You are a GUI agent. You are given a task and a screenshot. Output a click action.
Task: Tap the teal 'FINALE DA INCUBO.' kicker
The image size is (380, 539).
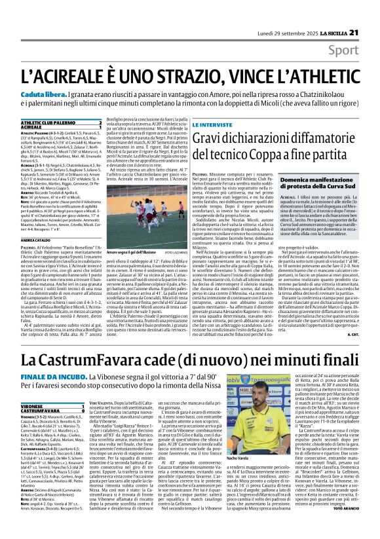66,379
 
